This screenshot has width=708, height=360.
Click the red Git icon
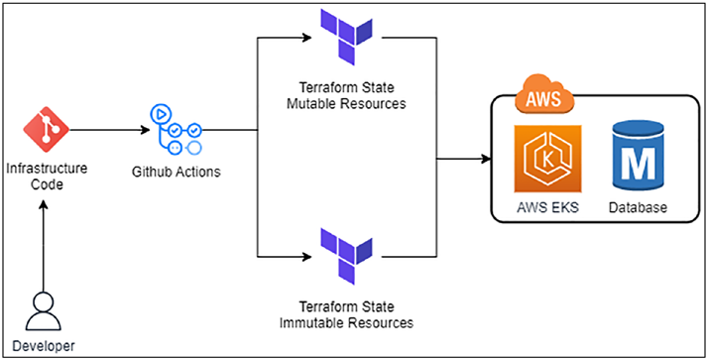click(46, 130)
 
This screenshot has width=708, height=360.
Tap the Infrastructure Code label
click(47, 178)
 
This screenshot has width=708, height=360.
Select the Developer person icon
click(43, 310)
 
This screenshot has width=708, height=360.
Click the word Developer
click(44, 346)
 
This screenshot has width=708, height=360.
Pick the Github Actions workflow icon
click(175, 129)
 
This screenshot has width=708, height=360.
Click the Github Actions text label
click(177, 172)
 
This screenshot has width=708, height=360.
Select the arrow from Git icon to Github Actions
click(110, 130)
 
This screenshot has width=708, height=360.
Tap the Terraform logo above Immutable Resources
click(346, 256)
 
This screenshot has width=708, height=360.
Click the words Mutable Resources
click(346, 104)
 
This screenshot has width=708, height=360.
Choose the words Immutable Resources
click(346, 323)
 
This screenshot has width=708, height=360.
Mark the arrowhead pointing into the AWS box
click(486, 159)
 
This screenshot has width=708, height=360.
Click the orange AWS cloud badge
click(543, 96)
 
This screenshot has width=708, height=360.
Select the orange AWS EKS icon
click(548, 160)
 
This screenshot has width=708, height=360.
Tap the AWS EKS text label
click(548, 207)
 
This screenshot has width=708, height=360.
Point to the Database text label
click(638, 207)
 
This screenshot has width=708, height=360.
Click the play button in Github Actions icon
click(159, 114)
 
